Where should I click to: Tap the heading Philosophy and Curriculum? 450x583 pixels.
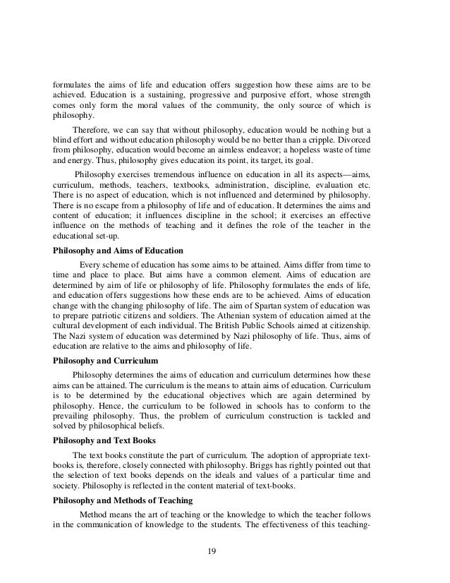[x=105, y=360]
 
